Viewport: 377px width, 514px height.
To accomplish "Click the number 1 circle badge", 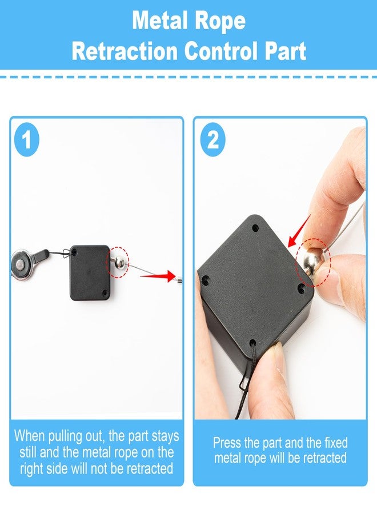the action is [x=27, y=139].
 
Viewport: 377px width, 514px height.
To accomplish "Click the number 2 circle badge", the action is [x=213, y=139].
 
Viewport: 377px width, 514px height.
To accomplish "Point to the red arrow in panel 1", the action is [x=158, y=276].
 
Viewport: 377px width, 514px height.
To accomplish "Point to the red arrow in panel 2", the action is [x=299, y=231].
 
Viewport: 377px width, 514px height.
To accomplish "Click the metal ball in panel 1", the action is [x=119, y=262].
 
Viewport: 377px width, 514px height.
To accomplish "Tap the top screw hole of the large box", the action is [x=255, y=227].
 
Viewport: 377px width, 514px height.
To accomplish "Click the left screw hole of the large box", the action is [x=206, y=280].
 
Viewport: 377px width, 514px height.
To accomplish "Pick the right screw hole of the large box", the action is [x=302, y=288].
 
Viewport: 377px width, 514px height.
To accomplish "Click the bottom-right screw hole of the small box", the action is [x=105, y=292].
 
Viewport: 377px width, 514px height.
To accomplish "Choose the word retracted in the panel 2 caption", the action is [x=325, y=458].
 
